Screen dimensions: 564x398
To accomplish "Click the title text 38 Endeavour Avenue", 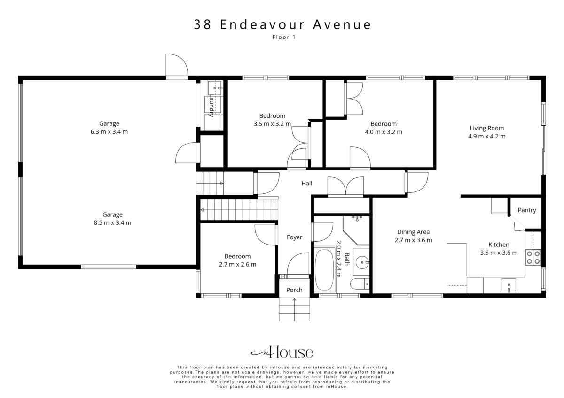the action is click(x=282, y=24).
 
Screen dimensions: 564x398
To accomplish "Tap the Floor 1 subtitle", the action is click(x=284, y=37).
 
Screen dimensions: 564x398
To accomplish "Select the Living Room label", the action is click(x=487, y=128).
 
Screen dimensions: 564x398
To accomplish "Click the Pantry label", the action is click(x=527, y=210).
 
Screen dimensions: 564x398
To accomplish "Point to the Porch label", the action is click(x=294, y=290).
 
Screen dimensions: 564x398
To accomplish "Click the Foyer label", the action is click(x=294, y=237).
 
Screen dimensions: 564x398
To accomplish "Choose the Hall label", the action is click(x=306, y=184).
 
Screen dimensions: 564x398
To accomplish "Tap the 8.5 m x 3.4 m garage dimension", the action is click(x=112, y=222).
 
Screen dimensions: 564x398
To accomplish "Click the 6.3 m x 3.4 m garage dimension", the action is click(x=109, y=131).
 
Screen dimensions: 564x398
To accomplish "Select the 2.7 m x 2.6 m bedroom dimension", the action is click(x=237, y=264).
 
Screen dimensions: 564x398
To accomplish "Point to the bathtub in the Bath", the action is click(x=325, y=270).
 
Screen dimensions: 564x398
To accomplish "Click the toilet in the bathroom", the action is click(x=360, y=284).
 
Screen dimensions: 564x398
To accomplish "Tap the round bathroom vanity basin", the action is click(x=362, y=262).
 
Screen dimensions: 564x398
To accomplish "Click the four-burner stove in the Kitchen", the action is click(x=533, y=258).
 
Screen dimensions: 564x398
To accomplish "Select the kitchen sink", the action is click(x=509, y=285).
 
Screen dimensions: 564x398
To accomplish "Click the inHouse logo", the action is click(x=282, y=352).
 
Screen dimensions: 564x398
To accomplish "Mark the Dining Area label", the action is click(x=413, y=232).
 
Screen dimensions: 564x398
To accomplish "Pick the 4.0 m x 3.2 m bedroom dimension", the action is click(x=384, y=132).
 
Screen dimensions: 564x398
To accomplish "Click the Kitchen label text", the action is click(x=499, y=245).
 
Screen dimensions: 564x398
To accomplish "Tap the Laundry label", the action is click(x=211, y=105).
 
